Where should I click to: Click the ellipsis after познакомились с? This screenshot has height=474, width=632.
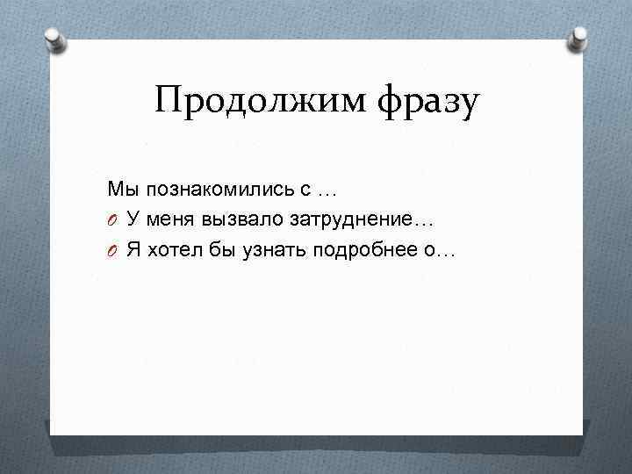pyautogui.click(x=327, y=190)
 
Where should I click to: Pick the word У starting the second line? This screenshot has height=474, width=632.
pyautogui.click(x=132, y=219)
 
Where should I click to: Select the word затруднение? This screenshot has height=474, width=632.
pyautogui.click(x=356, y=219)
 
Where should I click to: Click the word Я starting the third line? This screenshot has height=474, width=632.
pyautogui.click(x=133, y=250)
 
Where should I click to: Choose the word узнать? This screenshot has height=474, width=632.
pyautogui.click(x=261, y=250)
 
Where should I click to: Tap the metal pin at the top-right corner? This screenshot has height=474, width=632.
pyautogui.click(x=578, y=38)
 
